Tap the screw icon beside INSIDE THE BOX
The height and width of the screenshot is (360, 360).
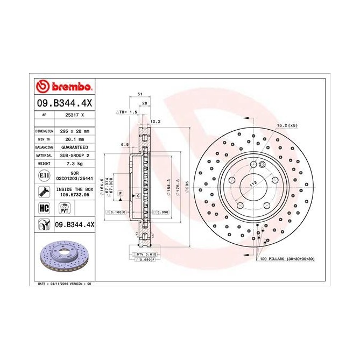43,192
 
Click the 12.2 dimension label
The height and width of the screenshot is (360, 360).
156,121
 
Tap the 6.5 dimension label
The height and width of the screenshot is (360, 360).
125,145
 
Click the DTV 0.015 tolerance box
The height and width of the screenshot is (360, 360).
143,253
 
